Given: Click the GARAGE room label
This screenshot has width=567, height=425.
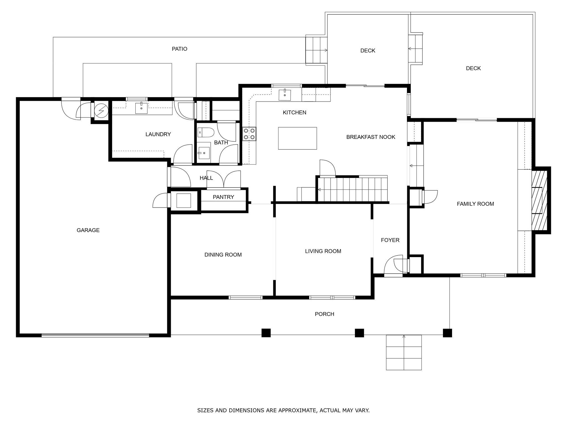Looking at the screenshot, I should click(88, 230).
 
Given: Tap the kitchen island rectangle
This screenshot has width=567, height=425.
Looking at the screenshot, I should click(297, 138).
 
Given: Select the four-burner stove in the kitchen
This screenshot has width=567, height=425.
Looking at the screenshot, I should click(249, 134).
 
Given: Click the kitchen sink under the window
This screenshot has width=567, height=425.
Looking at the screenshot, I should click(285, 95).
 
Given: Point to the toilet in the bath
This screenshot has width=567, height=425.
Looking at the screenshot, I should click(205, 133).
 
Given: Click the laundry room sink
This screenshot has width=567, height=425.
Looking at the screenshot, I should click(141, 108).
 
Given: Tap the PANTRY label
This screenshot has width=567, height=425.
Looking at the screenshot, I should click(223, 197).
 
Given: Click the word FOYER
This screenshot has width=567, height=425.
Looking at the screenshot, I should click(390, 240).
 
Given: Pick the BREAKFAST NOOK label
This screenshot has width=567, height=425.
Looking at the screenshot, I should click(371, 137).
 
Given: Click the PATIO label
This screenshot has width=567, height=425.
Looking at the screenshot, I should click(179, 49).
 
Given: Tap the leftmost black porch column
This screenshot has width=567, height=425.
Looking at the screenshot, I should click(266, 333).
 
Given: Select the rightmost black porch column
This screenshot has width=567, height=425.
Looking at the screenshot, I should click(447, 333).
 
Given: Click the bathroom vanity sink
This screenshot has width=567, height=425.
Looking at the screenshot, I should click(204, 152).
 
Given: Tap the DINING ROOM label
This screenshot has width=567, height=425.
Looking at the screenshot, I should click(223, 255).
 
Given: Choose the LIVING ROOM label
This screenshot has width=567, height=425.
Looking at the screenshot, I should click(323, 251).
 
